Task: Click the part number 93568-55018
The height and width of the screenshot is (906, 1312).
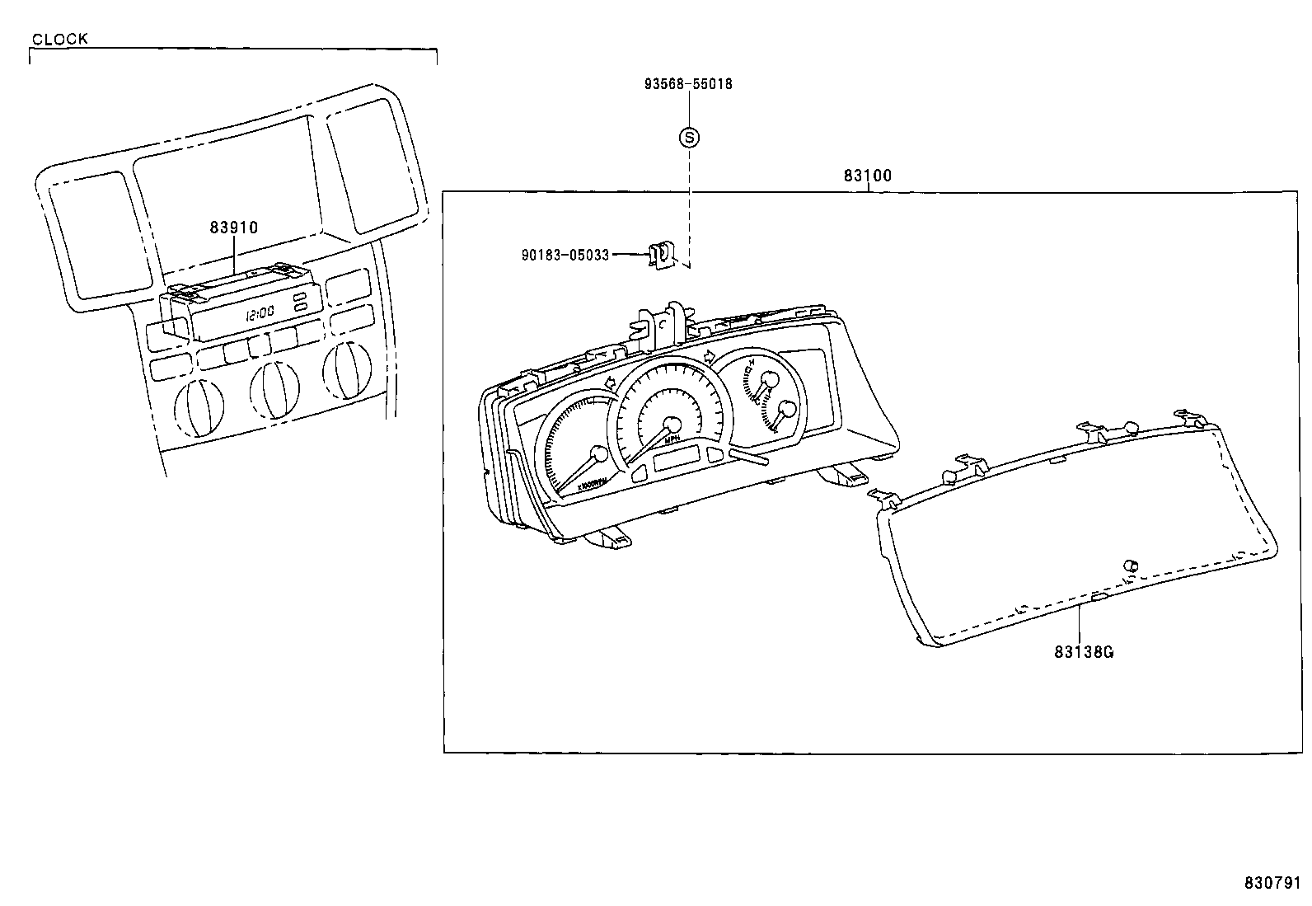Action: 688,84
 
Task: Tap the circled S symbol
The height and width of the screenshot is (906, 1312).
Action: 689,137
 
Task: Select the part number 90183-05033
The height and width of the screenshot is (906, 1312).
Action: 565,256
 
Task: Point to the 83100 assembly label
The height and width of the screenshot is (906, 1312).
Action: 867,176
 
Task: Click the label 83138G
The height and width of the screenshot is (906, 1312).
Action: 1084,651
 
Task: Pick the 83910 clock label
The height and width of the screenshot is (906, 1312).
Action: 233,228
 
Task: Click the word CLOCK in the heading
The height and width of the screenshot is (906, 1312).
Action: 59,39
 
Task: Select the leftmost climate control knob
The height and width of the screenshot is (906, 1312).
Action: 199,407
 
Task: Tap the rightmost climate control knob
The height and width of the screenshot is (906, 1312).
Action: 346,369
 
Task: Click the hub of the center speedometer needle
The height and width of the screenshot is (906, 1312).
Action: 672,425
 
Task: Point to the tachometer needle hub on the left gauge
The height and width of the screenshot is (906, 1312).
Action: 600,454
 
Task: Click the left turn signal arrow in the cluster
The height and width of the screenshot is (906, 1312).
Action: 611,383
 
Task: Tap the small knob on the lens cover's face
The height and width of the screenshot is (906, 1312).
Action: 1131,565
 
